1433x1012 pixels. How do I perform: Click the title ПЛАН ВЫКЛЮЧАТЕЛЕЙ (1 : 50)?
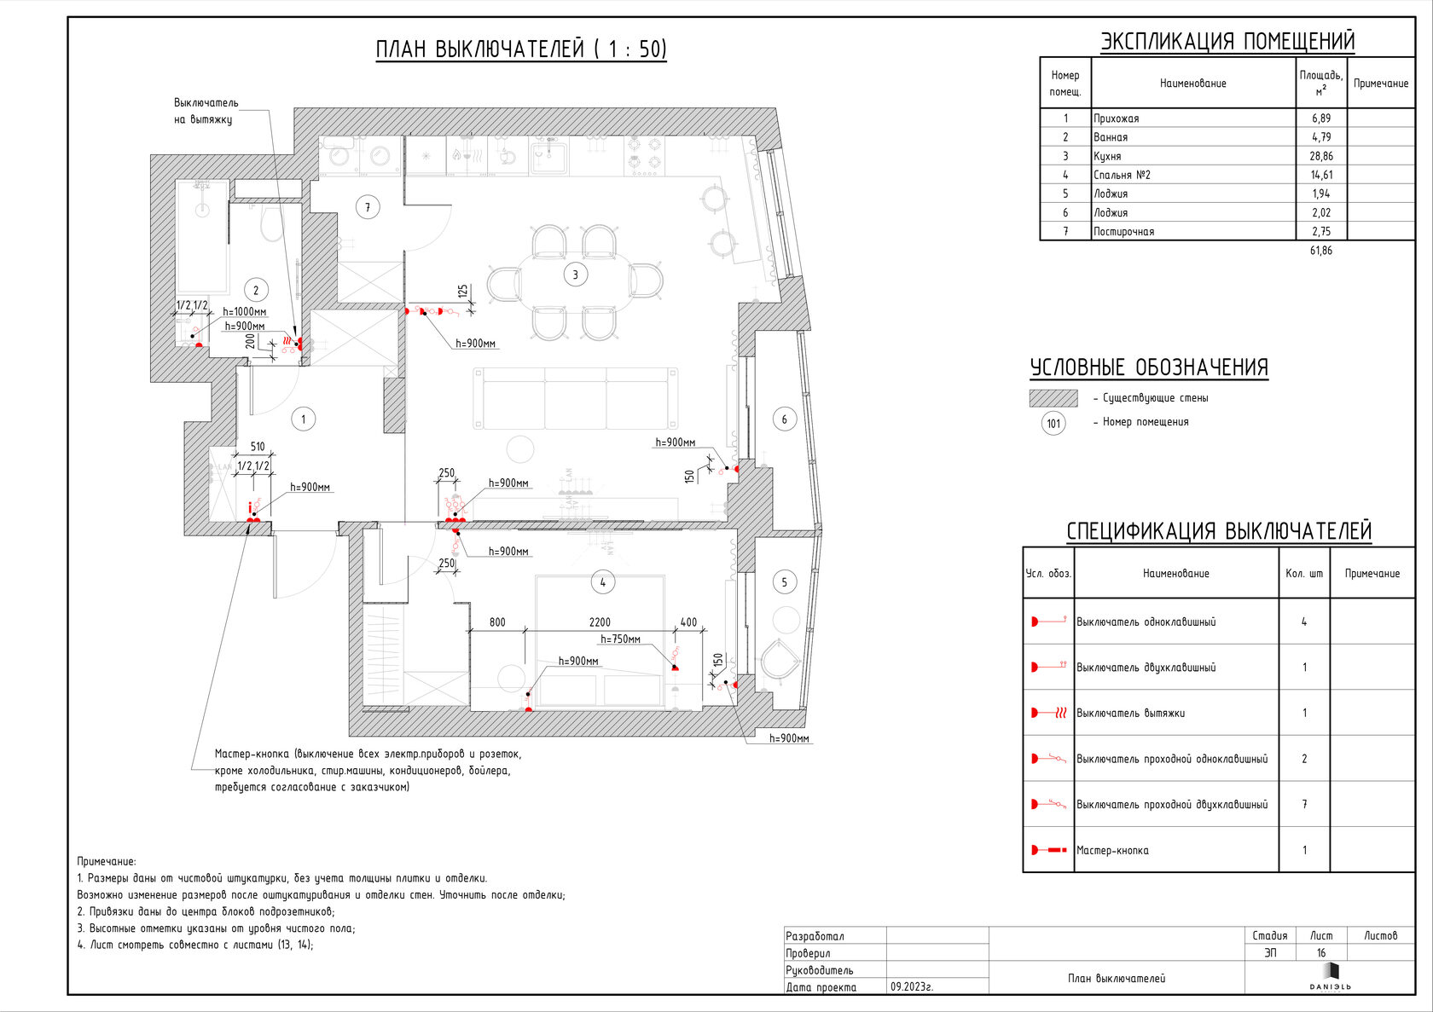coord(521,49)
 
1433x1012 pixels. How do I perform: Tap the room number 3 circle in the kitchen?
coord(575,275)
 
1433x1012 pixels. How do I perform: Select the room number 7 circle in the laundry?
coord(368,207)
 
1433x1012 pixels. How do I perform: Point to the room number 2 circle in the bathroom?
coord(255,290)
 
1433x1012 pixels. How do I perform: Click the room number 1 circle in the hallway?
coord(303,419)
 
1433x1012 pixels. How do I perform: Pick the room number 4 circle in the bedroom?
coord(602,582)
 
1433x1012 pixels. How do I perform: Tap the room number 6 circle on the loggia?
coord(784,419)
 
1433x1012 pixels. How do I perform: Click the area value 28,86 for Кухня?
coord(1321,156)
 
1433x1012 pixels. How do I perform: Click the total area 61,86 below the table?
coord(1321,251)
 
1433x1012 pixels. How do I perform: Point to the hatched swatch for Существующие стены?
coord(1053,398)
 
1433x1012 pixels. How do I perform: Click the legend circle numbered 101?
coord(1053,423)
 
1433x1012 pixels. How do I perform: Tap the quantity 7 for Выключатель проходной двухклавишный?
coord(1304,804)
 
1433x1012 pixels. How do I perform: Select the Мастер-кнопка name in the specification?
coord(1112,850)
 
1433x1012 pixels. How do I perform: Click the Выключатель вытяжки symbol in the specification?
coord(1048,713)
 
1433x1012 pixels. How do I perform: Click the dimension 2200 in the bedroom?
coord(600,622)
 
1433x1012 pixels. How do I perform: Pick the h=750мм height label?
coord(620,639)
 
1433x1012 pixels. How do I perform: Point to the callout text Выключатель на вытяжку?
coord(206,111)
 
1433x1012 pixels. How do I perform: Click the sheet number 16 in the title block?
coord(1321,953)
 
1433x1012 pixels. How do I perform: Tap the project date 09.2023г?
coord(912,986)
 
